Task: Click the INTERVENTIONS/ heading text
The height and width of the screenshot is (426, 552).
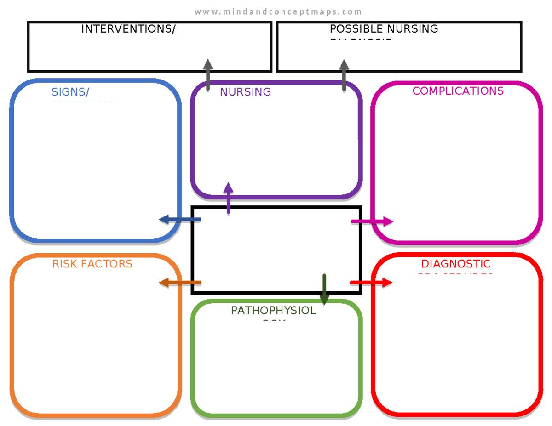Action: [128, 29]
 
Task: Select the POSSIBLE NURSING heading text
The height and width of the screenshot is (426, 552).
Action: [384, 29]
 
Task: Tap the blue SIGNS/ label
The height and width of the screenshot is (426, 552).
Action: [70, 92]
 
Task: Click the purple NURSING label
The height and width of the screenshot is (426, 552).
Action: [245, 92]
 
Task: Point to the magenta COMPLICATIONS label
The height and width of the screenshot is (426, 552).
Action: [458, 91]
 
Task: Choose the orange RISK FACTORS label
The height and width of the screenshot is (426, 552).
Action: [92, 264]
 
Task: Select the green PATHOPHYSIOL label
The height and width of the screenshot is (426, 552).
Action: [273, 311]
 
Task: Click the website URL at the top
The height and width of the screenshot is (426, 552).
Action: [278, 12]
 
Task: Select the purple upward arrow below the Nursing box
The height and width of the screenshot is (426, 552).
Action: [228, 198]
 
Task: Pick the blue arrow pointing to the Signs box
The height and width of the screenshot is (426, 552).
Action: [180, 220]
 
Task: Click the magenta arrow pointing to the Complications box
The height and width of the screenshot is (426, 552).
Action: [372, 222]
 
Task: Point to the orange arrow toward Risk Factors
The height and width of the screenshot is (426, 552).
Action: [180, 282]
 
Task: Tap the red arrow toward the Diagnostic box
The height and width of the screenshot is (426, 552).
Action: [371, 282]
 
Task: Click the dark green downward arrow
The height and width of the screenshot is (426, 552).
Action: [324, 290]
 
